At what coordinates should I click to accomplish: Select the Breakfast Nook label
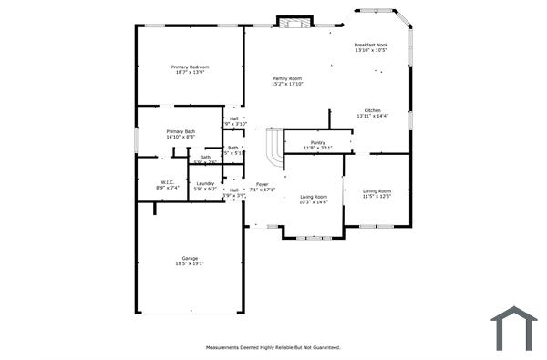pos(371,45)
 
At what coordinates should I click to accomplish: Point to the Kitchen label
pos(373,110)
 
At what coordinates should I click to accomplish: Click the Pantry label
pos(317,142)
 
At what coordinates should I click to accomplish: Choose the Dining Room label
pos(377,190)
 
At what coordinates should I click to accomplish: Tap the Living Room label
pos(314,196)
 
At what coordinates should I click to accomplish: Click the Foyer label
pos(262,184)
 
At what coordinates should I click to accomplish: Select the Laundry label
pos(206,183)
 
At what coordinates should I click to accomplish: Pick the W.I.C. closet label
pos(168,181)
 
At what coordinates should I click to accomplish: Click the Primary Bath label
pos(181,131)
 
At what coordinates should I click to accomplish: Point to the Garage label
pos(189,258)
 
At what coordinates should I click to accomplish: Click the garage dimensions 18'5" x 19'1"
pos(189,264)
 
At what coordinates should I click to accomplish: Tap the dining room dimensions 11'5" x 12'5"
pos(377,196)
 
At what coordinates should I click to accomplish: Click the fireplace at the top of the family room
pos(294,22)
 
